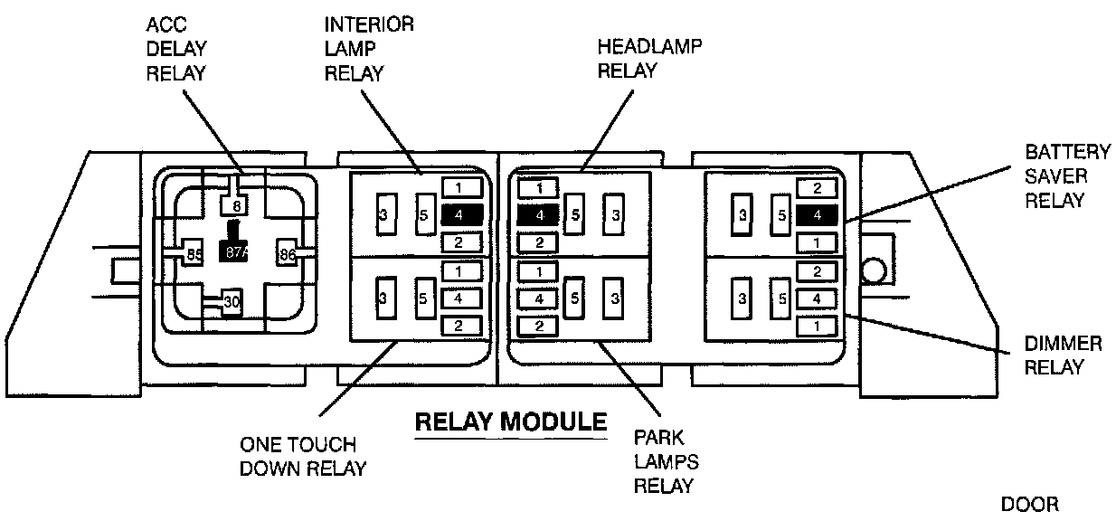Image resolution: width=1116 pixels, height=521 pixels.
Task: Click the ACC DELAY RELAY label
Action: coord(176,49)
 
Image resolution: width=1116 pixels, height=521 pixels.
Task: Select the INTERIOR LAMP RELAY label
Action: coord(369,49)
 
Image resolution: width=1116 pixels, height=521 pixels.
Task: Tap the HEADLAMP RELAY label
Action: coord(649,58)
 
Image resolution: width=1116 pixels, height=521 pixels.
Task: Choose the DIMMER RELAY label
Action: coord(1063,355)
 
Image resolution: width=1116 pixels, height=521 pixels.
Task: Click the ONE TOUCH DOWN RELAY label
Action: coord(303,457)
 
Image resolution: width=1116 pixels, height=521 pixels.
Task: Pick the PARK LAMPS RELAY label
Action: coord(667,461)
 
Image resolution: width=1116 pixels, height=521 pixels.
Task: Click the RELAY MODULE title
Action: coord(511,422)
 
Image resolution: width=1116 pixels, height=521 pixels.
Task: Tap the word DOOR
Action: coord(1030,505)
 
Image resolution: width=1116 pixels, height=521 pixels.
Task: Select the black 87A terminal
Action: coord(233,251)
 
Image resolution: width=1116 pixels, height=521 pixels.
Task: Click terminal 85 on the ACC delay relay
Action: coord(194,254)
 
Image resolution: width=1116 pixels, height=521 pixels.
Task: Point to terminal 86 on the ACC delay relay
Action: coord(288,254)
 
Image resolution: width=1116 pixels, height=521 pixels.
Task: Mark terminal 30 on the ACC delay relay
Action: coord(232,301)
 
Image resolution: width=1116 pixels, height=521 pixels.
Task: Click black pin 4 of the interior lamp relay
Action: coord(462,215)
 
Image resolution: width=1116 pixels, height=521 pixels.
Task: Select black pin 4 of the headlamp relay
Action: coord(538,215)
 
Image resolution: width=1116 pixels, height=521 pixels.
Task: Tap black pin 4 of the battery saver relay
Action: coord(817,215)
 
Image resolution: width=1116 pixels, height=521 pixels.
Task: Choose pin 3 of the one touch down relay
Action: coord(386,298)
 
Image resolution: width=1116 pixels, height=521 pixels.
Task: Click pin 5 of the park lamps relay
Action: coord(574,298)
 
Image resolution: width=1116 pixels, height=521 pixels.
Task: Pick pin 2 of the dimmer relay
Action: coord(817,271)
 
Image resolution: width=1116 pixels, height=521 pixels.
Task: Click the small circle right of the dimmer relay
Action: coord(874,271)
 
